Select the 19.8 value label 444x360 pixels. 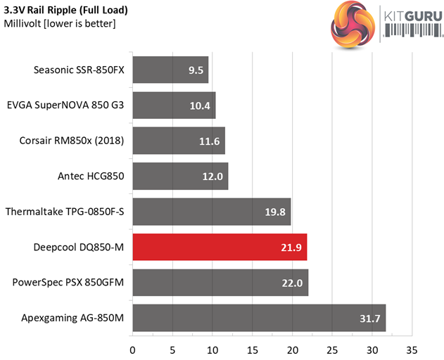tap(277, 212)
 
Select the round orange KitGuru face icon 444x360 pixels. tap(354, 22)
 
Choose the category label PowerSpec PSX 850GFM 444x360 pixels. tap(68, 283)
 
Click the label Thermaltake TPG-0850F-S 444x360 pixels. tap(64, 212)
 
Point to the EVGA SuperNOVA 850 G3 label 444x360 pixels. tap(65, 105)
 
